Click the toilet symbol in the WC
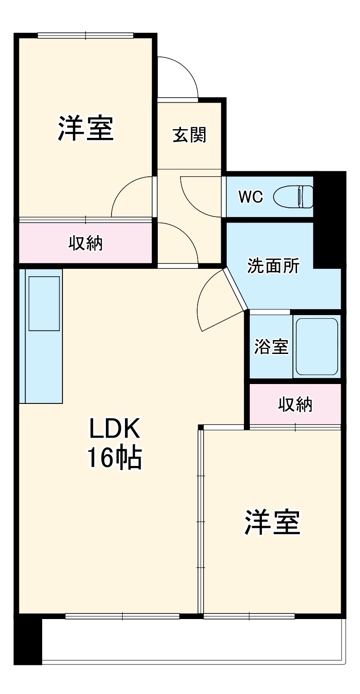click(294, 197)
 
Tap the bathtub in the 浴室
click(317, 346)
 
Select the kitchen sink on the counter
click(44, 304)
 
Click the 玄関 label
click(190, 135)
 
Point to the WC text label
click(250, 197)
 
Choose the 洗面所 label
click(273, 266)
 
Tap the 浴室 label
click(271, 347)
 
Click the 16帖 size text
click(114, 459)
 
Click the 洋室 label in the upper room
click(86, 129)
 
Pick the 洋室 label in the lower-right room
click(273, 523)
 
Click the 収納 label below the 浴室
click(295, 404)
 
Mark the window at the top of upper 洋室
click(86, 35)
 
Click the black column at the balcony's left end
click(28, 640)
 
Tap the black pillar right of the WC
click(329, 217)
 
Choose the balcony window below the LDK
click(122, 616)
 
